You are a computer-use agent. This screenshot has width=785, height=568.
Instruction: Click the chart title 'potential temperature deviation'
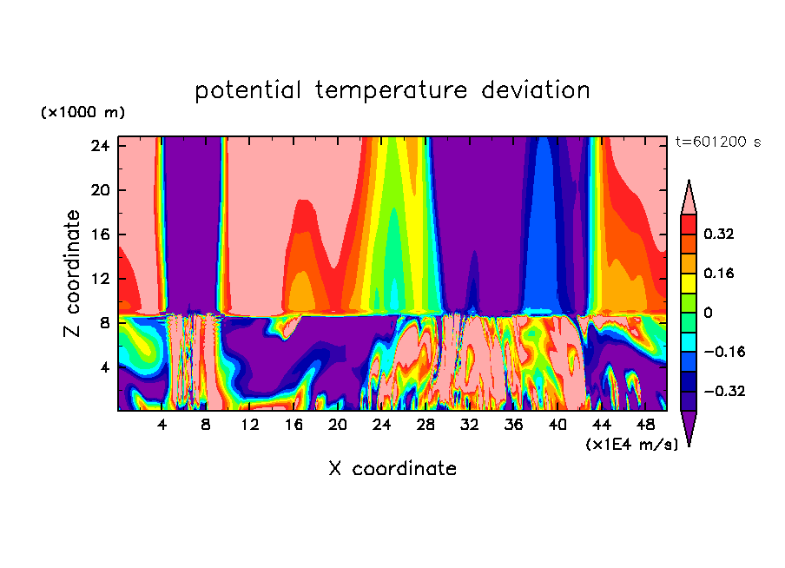[x=392, y=90]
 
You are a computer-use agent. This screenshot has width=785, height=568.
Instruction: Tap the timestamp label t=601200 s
[x=717, y=142]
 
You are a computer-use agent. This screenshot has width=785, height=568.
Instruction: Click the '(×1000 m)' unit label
[x=82, y=113]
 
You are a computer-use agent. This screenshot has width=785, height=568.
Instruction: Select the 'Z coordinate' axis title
[x=73, y=274]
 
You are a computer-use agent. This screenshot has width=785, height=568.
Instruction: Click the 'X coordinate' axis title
[x=392, y=469]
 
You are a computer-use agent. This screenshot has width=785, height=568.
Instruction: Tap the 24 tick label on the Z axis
[x=100, y=146]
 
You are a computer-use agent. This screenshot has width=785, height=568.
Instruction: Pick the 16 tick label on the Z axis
[x=100, y=234]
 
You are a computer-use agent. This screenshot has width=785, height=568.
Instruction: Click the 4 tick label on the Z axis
[x=105, y=367]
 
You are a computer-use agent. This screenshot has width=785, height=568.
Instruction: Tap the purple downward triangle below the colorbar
[x=689, y=428]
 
